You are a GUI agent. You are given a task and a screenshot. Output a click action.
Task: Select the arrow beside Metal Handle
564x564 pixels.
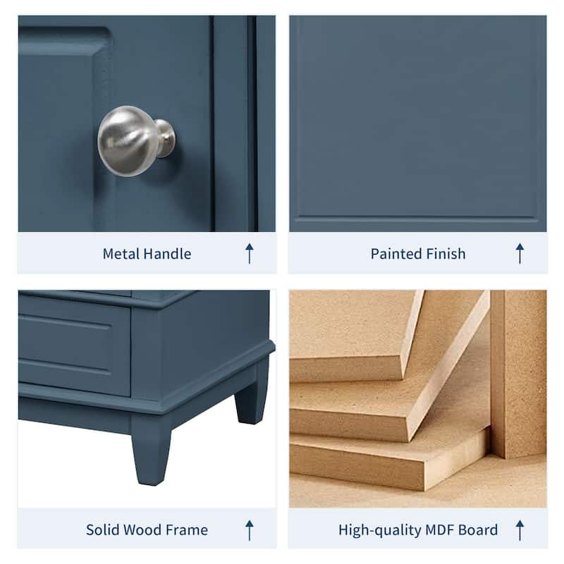coord(249,253)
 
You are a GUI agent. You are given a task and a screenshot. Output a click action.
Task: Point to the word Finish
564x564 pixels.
coord(444,254)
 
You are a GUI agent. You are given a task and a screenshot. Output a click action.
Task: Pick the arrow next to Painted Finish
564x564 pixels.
coord(520,253)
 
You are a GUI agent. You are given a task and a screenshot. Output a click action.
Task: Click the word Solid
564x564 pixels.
coord(104,529)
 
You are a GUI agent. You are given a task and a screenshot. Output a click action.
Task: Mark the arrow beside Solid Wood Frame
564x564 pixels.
coord(249,529)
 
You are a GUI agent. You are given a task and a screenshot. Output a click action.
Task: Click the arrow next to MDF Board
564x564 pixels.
coord(520,529)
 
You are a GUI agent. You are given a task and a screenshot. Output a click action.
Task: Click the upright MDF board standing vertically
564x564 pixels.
coord(518,374)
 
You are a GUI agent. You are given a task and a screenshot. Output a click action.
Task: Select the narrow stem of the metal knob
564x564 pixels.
coord(164,137)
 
